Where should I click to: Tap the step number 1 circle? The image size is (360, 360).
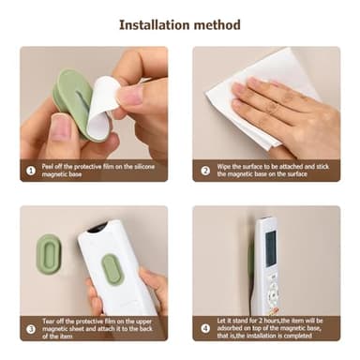tap(31, 170)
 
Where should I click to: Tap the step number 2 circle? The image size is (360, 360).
tap(205, 170)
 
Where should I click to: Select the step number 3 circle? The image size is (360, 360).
tap(31, 328)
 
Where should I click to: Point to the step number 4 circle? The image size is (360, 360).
tap(205, 328)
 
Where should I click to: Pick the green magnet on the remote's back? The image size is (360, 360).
tap(112, 269)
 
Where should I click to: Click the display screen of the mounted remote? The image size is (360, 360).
tap(270, 247)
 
